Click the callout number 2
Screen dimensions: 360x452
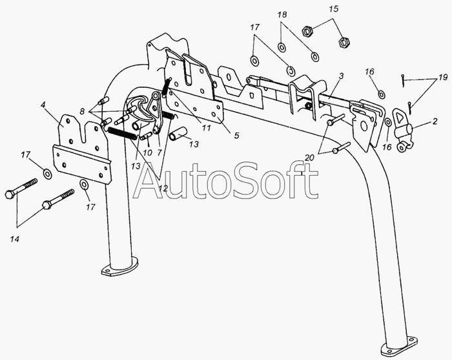(436, 121)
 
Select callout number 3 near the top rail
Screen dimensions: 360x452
(341, 76)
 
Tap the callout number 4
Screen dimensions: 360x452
(43, 104)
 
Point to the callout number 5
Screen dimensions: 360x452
(236, 136)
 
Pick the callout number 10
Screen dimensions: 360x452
(147, 153)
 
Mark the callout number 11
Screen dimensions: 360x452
(205, 128)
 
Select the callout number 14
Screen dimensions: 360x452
(14, 239)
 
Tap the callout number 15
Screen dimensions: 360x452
(334, 9)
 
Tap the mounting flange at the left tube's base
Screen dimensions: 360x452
(120, 269)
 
